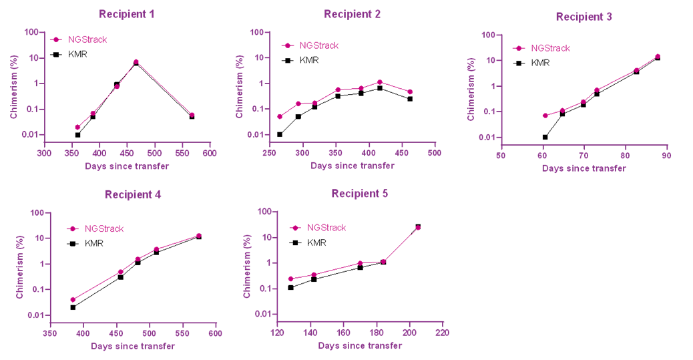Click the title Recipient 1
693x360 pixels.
click(126, 14)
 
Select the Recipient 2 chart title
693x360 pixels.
click(352, 14)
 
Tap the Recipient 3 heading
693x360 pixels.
click(584, 17)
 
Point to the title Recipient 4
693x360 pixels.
click(132, 195)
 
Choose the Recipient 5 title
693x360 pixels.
click(359, 194)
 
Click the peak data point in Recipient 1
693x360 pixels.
click(136, 61)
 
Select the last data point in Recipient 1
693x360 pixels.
click(192, 115)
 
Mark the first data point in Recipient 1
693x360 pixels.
click(77, 127)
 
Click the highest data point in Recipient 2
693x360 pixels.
click(379, 82)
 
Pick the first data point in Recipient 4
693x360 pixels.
click(73, 299)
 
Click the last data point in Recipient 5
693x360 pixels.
click(419, 228)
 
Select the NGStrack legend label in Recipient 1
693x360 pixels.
click(87, 39)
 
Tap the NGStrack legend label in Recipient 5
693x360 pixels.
click(326, 228)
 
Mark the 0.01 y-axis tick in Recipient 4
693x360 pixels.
click(33, 315)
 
